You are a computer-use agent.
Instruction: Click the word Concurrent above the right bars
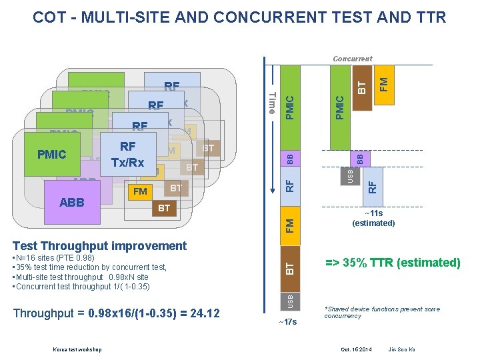coord(353,59)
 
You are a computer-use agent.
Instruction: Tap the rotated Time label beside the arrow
coord(271,103)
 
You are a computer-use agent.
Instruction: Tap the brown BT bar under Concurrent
coord(361,85)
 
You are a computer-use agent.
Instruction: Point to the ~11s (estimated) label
coord(373,218)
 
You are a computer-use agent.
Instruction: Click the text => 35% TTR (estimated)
coord(393,263)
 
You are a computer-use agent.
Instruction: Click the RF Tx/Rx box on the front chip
coord(127,155)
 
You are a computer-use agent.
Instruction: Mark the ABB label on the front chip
coord(71,202)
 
